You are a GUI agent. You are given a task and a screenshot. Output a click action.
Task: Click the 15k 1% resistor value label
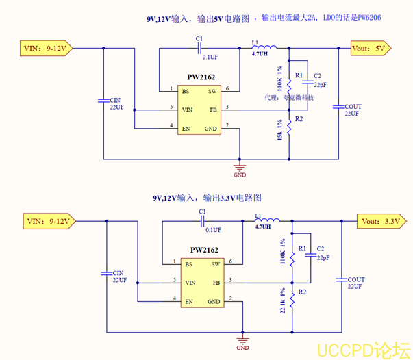(x=279, y=130)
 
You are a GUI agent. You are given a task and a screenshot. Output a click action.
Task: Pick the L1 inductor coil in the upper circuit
(x=260, y=47)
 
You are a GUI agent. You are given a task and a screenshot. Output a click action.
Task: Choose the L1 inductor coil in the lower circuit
(x=262, y=220)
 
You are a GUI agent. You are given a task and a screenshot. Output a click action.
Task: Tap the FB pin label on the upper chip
(x=214, y=110)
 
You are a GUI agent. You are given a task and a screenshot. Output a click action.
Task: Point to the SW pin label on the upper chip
(x=212, y=91)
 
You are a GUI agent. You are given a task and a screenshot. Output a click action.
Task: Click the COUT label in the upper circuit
(x=353, y=107)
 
